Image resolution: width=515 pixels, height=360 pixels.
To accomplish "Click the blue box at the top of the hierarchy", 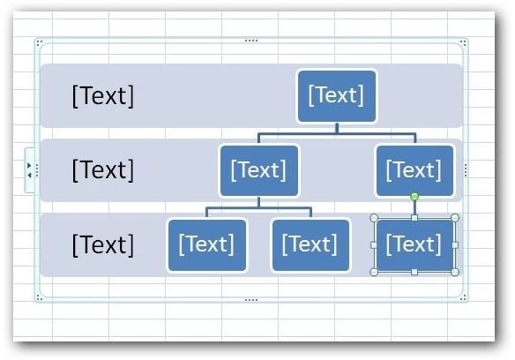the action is pos(337,96).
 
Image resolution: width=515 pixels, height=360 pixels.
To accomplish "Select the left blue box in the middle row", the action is pos(259,170).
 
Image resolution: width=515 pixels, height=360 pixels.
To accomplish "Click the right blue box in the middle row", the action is pos(414,170).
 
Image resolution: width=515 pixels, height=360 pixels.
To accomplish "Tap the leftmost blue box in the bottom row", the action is pos(207,245).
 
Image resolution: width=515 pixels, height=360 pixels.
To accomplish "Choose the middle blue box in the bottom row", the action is pos(310,245).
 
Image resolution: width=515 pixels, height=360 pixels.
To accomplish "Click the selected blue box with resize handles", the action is pos(414,245).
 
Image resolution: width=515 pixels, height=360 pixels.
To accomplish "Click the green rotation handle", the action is pos(414,197).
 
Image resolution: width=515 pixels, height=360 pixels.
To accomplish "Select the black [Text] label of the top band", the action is pos(103,96).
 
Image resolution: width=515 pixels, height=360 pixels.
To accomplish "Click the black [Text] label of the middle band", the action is pos(103,170).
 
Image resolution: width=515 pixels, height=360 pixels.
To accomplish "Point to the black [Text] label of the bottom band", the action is pos(103,245).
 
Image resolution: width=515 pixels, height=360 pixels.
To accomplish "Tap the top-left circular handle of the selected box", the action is pos(374,218).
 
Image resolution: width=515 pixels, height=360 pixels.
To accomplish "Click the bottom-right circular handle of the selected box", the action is pos(455,272).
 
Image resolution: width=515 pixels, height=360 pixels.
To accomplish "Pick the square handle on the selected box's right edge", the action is pos(455,245).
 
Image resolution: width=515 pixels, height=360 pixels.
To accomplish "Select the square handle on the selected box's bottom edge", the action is pos(414,272).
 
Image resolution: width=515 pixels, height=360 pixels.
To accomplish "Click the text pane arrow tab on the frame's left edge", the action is pos(30,170).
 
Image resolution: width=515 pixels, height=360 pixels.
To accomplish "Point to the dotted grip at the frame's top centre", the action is pos(251,41).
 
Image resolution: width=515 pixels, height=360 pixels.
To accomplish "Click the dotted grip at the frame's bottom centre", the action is pos(251,300).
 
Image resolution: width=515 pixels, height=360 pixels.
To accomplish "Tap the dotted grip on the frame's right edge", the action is pos(466,170).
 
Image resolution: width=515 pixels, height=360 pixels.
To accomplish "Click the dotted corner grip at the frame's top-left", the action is pos(39,43).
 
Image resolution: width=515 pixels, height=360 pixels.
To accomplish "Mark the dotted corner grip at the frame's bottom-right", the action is pos(463,298).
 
